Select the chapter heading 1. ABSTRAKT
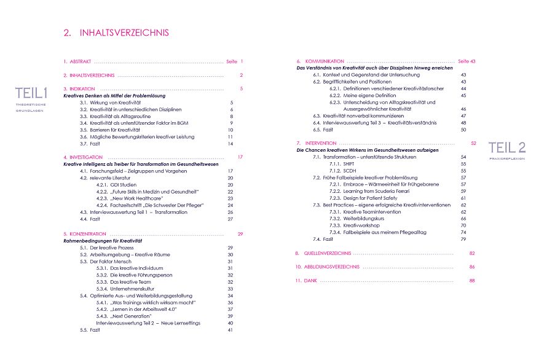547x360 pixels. coord(77,61)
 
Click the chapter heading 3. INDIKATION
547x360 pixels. coord(78,89)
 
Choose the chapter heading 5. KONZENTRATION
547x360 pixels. coord(85,234)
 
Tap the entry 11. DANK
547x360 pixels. coord(306,281)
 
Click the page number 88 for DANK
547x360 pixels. coord(472,281)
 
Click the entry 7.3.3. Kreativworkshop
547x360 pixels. coord(357,225)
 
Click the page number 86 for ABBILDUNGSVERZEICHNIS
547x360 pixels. coord(472,267)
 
